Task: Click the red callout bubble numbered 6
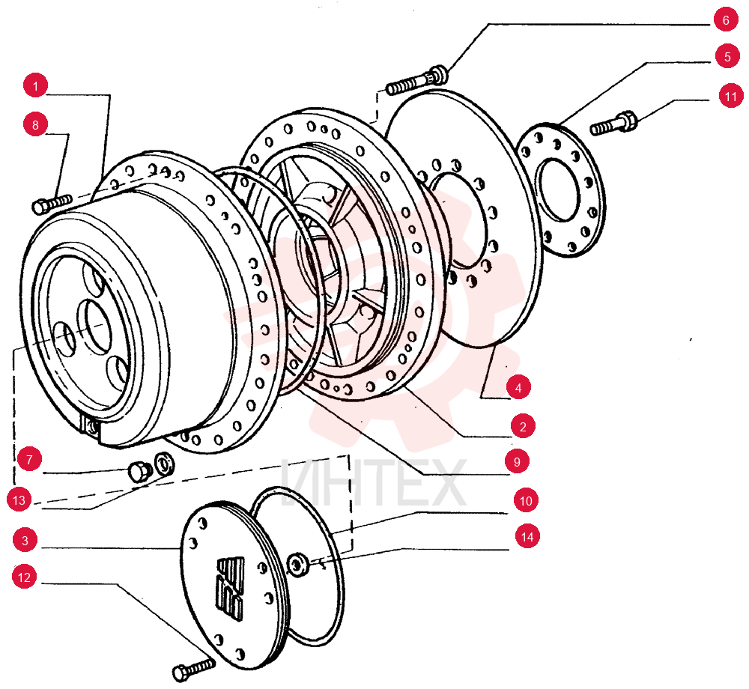pos(726,20)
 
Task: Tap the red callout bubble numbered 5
pos(727,57)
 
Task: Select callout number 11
pos(731,97)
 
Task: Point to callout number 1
pos(35,86)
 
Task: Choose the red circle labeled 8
pos(35,124)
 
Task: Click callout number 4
pos(519,387)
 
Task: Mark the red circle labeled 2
pos(523,426)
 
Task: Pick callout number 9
pos(517,461)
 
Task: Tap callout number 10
pos(526,500)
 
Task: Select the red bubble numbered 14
pos(527,537)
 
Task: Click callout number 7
pos(30,459)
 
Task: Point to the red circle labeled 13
pos(19,500)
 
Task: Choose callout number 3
pos(25,540)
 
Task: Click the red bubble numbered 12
pos(24,577)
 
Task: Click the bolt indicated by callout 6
pos(416,80)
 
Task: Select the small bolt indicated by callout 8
pos(52,203)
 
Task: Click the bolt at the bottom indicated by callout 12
pos(193,670)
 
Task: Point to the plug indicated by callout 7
pos(140,471)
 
